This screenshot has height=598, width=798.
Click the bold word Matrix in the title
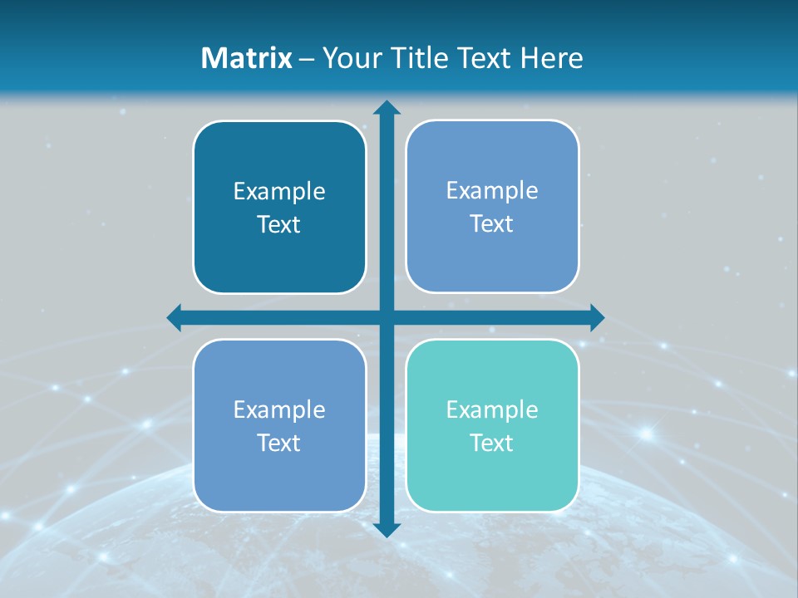pyautogui.click(x=247, y=58)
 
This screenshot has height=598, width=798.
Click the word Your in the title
pyautogui.click(x=349, y=58)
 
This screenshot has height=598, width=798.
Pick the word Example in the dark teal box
pyautogui.click(x=279, y=192)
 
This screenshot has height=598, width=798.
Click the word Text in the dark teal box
pyautogui.click(x=279, y=225)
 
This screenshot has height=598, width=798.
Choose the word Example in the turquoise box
pyautogui.click(x=492, y=409)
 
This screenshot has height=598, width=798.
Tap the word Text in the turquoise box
pyautogui.click(x=492, y=443)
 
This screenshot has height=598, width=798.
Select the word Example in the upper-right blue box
pyautogui.click(x=492, y=190)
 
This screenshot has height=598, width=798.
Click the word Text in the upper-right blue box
pyautogui.click(x=492, y=224)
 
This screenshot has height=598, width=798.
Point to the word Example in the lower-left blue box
pyautogui.click(x=279, y=409)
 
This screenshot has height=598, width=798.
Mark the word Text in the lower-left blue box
pyautogui.click(x=279, y=443)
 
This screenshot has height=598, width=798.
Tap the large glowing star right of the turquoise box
pyautogui.click(x=645, y=432)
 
